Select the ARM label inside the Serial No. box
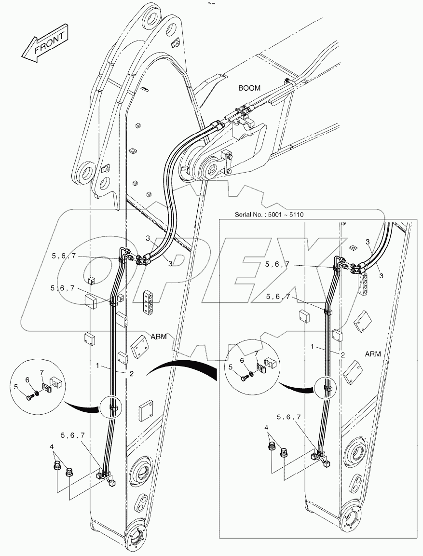372,353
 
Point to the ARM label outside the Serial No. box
158,336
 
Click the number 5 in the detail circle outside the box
16,386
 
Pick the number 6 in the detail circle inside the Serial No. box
242,360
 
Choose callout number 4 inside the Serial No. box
266,427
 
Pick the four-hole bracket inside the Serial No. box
363,283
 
